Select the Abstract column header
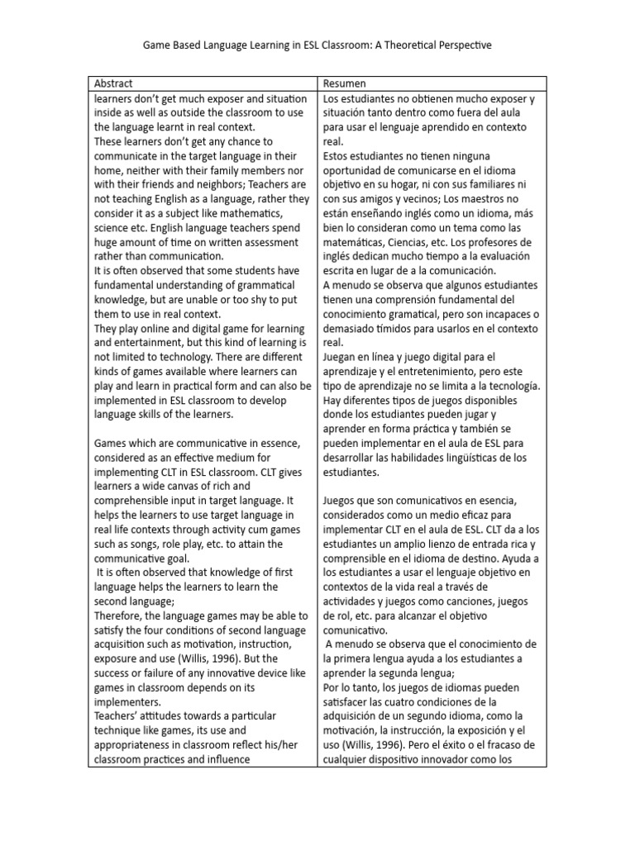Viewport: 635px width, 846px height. (113, 84)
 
